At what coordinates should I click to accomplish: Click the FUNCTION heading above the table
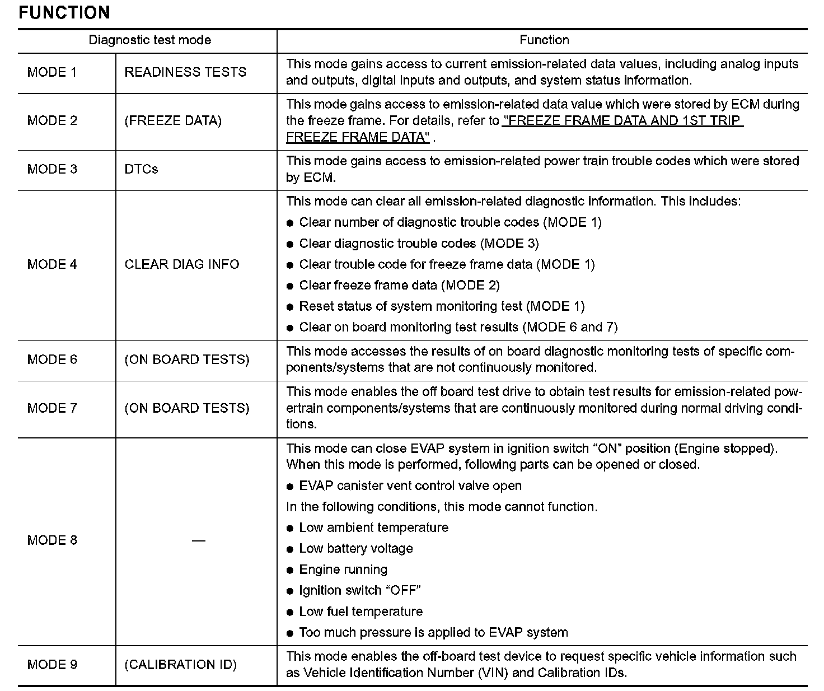[x=64, y=12]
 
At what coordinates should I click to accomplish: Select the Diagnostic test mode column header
[x=150, y=40]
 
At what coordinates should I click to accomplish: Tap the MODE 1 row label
[x=52, y=72]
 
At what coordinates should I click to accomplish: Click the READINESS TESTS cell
[x=185, y=72]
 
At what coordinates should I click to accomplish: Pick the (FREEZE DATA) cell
[x=173, y=121]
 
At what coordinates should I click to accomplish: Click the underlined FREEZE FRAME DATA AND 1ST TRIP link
[x=622, y=121]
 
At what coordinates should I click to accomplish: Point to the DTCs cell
[x=141, y=169]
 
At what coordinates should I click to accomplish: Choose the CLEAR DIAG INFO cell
[x=182, y=264]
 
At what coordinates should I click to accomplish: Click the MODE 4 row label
[x=52, y=264]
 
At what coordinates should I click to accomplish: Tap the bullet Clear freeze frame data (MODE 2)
[x=399, y=286]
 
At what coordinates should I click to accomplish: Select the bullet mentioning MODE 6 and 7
[x=458, y=328]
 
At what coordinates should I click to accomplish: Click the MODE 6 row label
[x=52, y=359]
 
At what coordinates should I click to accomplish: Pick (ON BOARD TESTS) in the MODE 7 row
[x=187, y=408]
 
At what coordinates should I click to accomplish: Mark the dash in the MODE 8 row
[x=198, y=540]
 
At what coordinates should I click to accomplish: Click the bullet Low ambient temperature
[x=373, y=528]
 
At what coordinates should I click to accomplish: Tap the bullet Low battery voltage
[x=356, y=549]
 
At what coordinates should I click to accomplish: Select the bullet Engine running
[x=343, y=570]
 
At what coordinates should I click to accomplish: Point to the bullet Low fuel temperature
[x=360, y=612]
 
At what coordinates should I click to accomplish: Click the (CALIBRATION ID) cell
[x=180, y=665]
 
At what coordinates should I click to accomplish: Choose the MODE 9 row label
[x=52, y=665]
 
